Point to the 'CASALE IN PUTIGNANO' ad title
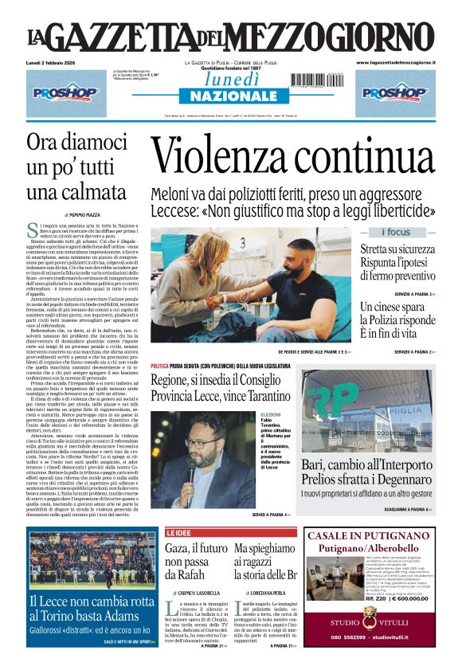click(x=369, y=535)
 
